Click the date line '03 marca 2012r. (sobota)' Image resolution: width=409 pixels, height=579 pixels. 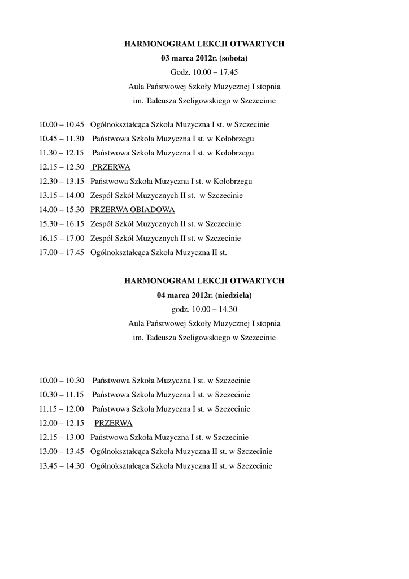[x=204, y=58]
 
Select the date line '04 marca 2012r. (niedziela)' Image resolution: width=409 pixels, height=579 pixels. [x=204, y=295]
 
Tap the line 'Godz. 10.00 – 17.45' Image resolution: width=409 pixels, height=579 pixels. [x=204, y=72]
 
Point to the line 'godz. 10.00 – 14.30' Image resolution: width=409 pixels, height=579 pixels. [x=204, y=309]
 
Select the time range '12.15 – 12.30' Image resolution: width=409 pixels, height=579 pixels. [x=62, y=167]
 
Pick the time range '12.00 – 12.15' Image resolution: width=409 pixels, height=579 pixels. [x=62, y=423]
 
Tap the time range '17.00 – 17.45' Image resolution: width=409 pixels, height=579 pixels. [x=62, y=253]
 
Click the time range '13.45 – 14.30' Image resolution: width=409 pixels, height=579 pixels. [x=62, y=466]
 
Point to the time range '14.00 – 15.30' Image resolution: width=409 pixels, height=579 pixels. [x=62, y=210]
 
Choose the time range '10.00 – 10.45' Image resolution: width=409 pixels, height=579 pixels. [x=62, y=124]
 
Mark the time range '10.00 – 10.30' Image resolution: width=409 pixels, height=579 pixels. [x=62, y=381]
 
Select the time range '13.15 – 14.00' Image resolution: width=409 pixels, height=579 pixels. [x=62, y=196]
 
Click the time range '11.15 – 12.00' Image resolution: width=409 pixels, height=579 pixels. [x=62, y=409]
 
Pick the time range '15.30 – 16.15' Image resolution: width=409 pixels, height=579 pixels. [x=62, y=224]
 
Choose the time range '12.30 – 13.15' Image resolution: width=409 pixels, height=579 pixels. [x=62, y=182]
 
